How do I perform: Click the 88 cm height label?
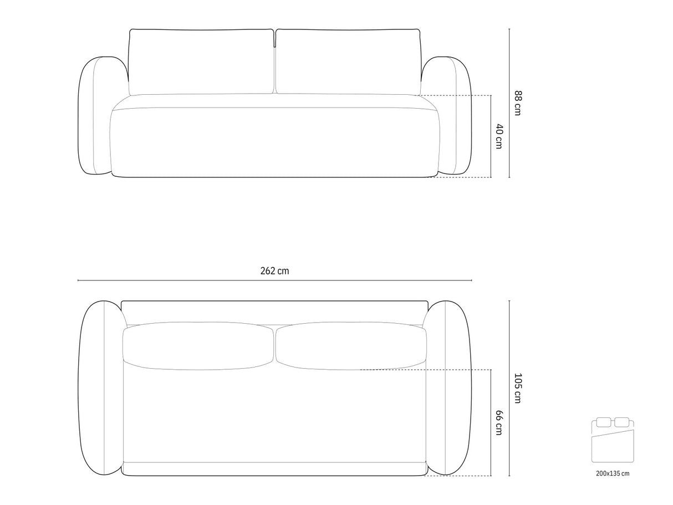[517, 103]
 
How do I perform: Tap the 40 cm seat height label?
[499, 136]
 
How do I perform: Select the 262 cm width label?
[274, 271]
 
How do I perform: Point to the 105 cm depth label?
[517, 388]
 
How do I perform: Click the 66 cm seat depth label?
[499, 422]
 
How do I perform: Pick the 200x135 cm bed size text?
[613, 473]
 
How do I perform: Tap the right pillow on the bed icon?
[622, 422]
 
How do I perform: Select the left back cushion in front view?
[201, 62]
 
